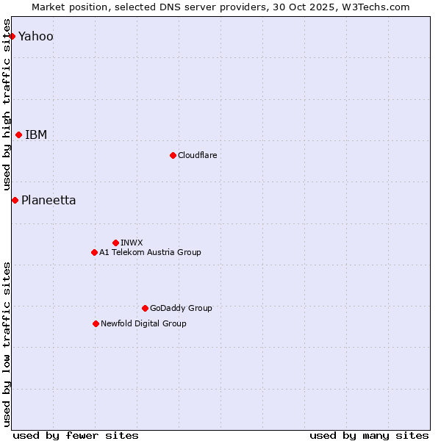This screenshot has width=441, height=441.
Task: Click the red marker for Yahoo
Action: coord(12,36)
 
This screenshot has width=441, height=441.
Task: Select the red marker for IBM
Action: coord(18,135)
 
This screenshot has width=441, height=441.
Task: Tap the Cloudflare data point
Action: coord(173,155)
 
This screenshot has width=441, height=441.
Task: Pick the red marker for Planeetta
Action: coord(15,200)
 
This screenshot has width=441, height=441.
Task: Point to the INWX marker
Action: coord(115,243)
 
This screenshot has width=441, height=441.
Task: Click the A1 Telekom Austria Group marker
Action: coord(94,252)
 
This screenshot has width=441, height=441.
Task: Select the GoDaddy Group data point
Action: coord(145,308)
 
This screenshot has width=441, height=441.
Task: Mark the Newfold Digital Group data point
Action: coord(96,323)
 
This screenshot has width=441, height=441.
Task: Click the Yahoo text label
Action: coord(36,36)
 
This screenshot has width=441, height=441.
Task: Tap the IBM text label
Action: coord(36,135)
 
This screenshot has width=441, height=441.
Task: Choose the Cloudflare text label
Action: coord(197,155)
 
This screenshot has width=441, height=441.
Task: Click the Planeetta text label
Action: coord(49,200)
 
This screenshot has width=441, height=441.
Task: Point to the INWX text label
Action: coord(132,243)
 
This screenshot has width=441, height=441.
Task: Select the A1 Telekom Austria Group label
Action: coord(150,252)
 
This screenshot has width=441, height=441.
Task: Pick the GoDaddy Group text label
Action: coord(181,308)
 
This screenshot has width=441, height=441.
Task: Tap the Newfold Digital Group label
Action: coord(143,323)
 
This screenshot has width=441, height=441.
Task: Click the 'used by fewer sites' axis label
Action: coord(76,435)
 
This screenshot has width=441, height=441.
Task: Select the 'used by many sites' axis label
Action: coord(369,435)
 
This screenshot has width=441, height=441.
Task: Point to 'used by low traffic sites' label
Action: coord(7,344)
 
